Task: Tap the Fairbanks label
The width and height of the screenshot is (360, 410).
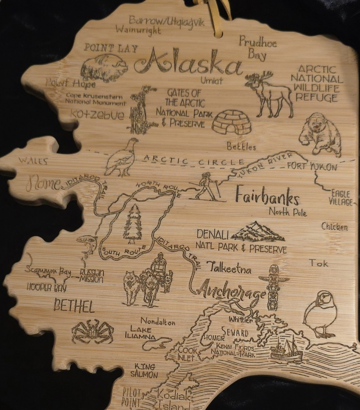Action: click(x=267, y=198)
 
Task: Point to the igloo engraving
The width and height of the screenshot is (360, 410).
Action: click(x=233, y=122)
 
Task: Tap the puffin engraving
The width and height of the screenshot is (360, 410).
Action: click(x=320, y=314)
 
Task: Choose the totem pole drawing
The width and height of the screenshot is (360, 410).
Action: click(x=273, y=287)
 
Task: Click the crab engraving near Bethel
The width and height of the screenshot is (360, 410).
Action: click(x=92, y=330)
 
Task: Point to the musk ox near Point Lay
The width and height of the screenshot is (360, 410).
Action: click(x=102, y=67)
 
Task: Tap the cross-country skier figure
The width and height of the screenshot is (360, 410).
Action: click(x=209, y=187)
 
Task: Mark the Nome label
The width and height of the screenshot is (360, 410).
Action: click(x=43, y=183)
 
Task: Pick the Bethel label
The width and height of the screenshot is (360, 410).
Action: click(x=74, y=306)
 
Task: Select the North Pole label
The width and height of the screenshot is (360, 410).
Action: click(x=288, y=212)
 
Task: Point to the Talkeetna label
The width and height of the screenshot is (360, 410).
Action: click(x=229, y=269)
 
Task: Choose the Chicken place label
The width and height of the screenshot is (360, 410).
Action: click(x=334, y=226)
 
